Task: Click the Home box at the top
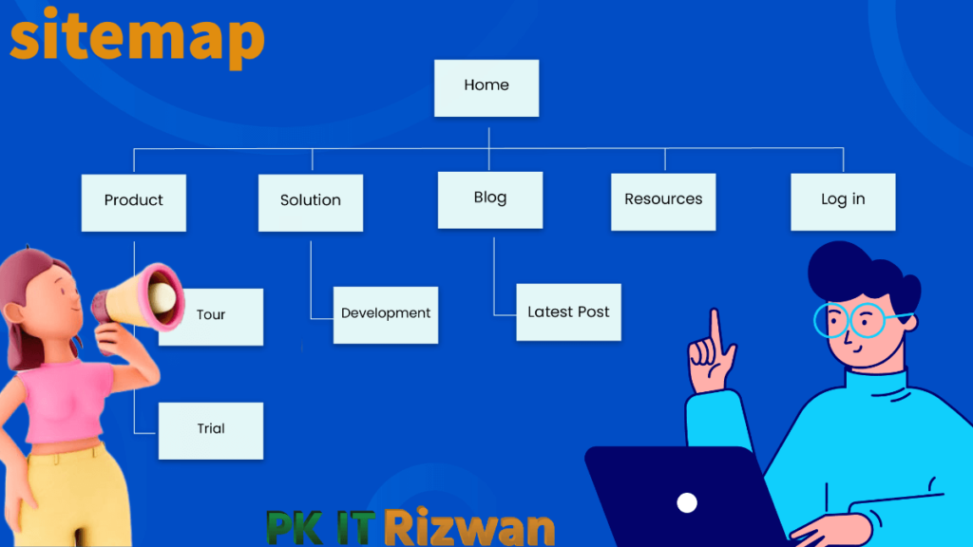(486, 88)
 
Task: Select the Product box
(133, 203)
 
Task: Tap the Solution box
(311, 203)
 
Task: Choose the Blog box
(490, 200)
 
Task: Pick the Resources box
(663, 202)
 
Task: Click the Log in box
(844, 202)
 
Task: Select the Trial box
(211, 431)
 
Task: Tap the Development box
(386, 315)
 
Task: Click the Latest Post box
(569, 312)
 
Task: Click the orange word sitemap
(137, 37)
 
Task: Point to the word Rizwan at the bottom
(469, 527)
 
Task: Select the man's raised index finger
(716, 329)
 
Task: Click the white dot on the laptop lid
(687, 503)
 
